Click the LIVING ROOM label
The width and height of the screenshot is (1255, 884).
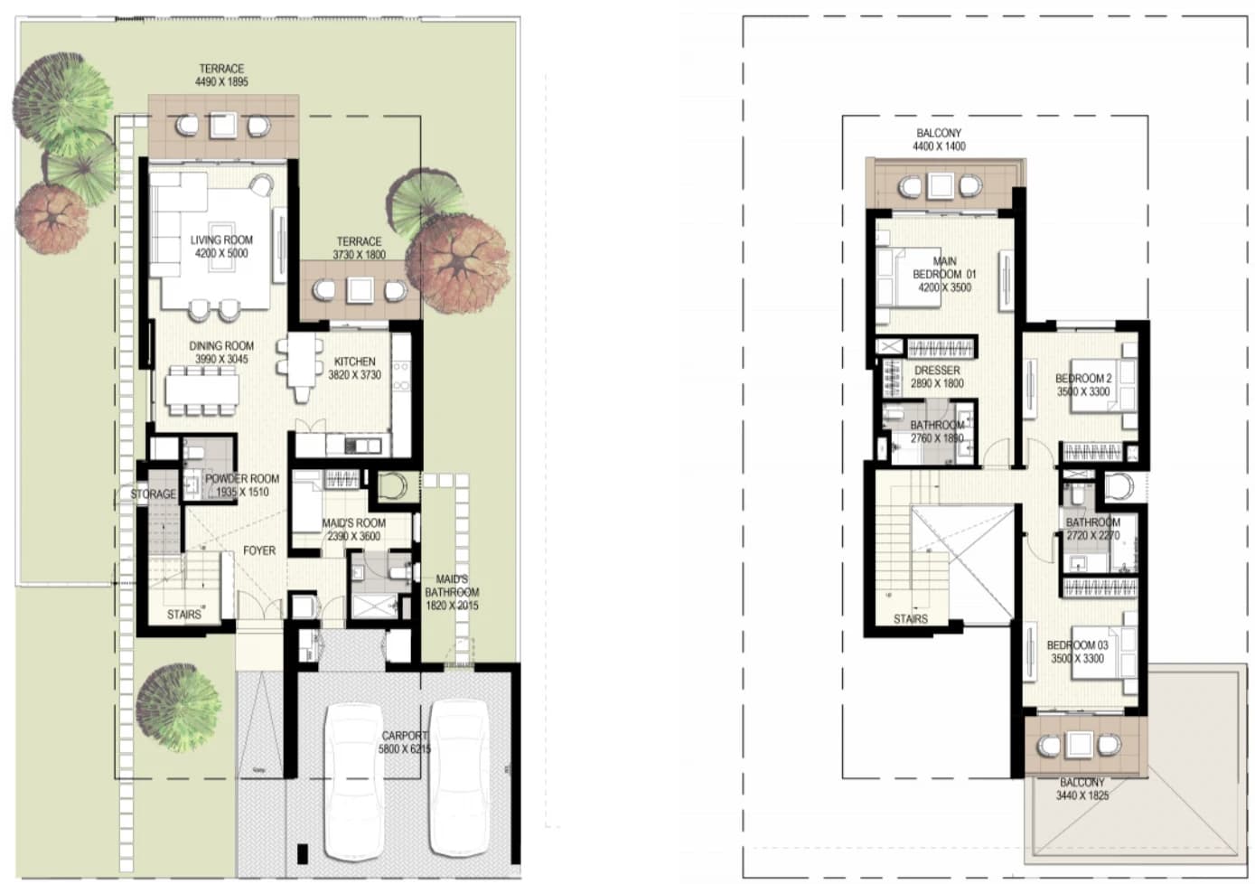(x=221, y=240)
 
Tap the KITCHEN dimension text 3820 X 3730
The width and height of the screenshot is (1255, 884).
(x=355, y=374)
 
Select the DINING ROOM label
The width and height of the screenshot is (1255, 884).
(x=221, y=346)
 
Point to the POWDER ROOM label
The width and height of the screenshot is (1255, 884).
(x=242, y=479)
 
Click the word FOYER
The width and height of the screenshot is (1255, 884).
(x=259, y=551)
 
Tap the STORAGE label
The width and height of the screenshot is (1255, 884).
(x=153, y=494)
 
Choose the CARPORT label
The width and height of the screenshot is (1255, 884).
(x=405, y=736)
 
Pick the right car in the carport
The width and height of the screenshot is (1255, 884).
(x=459, y=779)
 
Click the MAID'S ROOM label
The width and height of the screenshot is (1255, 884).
(x=353, y=523)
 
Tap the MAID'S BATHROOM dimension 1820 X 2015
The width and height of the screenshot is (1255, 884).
(x=452, y=606)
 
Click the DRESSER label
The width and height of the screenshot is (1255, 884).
(x=937, y=371)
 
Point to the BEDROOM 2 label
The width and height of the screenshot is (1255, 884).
(x=1083, y=379)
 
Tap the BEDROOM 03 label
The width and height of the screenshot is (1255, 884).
(x=1077, y=645)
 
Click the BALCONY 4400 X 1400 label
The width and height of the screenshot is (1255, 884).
(x=939, y=139)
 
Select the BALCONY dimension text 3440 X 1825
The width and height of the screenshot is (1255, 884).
(x=1082, y=795)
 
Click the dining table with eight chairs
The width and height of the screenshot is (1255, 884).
(x=201, y=390)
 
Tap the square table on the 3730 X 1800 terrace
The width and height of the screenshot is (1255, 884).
(x=360, y=290)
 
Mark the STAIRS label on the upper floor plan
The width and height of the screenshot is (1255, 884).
(x=911, y=619)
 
